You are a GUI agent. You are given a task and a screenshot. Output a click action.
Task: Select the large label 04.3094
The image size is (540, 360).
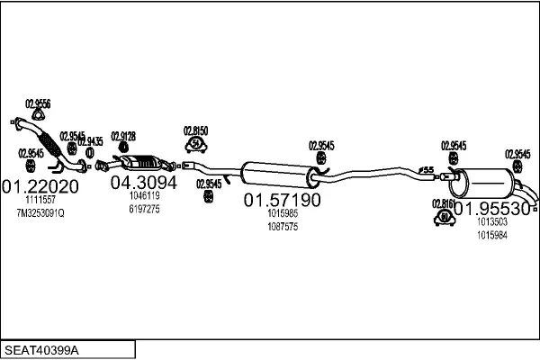point(143,182)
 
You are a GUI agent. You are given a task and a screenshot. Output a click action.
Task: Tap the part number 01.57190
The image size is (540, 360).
point(283,200)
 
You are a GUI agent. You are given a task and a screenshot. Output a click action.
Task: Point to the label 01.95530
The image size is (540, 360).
point(491,208)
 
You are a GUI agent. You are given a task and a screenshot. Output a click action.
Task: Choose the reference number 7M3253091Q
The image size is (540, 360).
point(40,212)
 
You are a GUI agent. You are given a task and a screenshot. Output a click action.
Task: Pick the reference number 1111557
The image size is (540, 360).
point(40,200)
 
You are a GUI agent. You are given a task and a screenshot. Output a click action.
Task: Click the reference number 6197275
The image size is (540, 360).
point(144,209)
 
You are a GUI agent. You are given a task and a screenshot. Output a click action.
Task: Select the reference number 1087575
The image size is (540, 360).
point(283,227)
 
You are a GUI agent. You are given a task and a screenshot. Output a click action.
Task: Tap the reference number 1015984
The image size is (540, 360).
point(492,235)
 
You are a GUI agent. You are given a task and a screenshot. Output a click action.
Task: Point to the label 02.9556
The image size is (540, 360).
point(38,103)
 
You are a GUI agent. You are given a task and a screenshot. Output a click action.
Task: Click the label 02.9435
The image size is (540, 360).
point(90,141)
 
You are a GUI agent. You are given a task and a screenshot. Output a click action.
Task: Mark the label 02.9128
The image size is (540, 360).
point(123,136)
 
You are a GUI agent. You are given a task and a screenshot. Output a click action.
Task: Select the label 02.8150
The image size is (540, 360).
point(196,130)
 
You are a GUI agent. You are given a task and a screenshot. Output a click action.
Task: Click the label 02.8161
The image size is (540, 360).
point(444,202)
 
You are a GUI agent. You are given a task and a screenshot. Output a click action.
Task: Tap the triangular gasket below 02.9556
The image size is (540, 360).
point(38,113)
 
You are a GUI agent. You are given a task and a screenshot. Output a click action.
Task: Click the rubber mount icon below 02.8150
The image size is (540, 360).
point(196,144)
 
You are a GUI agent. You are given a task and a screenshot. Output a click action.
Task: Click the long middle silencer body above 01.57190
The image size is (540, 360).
point(279,173)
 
